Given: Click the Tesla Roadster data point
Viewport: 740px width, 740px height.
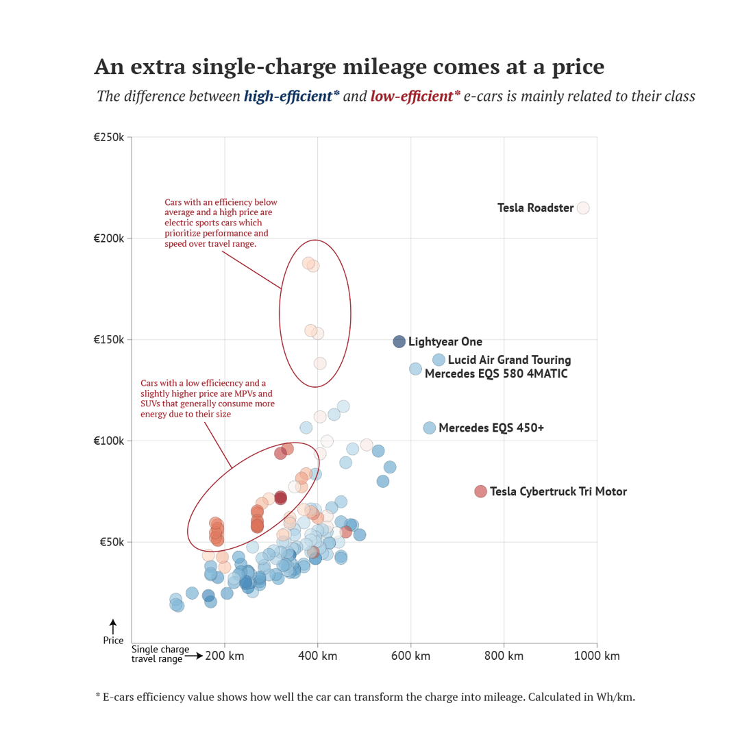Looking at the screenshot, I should click(x=583, y=208).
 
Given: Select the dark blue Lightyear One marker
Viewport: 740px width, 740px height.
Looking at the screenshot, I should click(x=399, y=341).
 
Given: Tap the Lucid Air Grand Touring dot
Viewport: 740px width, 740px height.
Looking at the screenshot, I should click(x=439, y=360).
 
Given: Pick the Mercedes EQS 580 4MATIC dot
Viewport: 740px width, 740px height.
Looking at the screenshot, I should click(x=416, y=369).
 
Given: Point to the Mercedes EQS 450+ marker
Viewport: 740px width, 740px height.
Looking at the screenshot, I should click(x=430, y=428).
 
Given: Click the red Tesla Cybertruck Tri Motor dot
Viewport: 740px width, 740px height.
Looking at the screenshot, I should click(x=481, y=491).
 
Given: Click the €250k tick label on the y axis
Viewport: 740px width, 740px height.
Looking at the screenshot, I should click(x=109, y=137).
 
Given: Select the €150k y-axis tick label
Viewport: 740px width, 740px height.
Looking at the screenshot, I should click(x=109, y=340).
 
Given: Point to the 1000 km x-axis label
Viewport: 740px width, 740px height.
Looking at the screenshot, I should click(x=597, y=656).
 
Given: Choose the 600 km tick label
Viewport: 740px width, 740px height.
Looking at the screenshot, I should click(x=411, y=656).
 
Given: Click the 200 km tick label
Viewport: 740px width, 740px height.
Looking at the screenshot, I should click(x=225, y=656).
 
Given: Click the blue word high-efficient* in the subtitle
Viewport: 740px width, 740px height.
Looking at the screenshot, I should click(x=292, y=96).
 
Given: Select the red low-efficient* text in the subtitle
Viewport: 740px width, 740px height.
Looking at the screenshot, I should click(x=415, y=96).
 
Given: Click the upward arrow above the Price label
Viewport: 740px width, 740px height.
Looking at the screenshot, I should click(x=113, y=626).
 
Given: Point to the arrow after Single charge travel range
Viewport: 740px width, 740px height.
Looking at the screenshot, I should click(x=194, y=656).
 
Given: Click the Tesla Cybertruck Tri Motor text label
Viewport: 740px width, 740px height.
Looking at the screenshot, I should click(x=558, y=491).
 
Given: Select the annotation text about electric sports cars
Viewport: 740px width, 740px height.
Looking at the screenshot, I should click(x=221, y=223).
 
